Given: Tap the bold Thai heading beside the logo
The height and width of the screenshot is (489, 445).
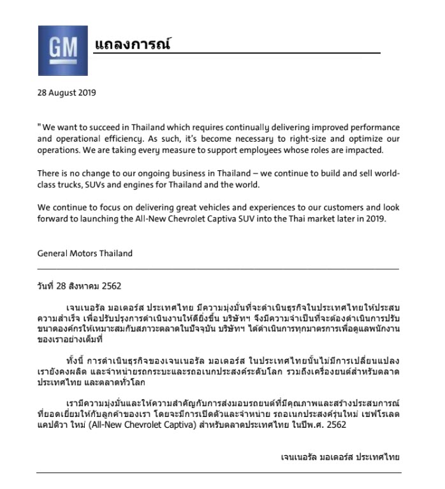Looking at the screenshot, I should point(133,45).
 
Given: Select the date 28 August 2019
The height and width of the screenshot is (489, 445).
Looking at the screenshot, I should point(66,92).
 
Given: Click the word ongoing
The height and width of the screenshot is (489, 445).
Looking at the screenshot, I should point(170,173).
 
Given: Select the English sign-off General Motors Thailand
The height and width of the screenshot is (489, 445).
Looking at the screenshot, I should point(85,253).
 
